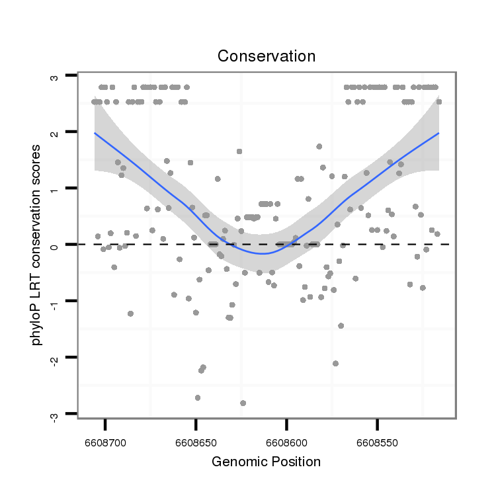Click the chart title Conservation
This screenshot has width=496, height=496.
tap(267, 56)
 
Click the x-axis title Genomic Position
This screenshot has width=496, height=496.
tap(266, 462)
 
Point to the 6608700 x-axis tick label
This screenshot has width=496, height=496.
tap(104, 440)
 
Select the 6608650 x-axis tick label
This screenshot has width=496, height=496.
tap(196, 440)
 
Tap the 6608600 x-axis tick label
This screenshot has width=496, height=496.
tap(286, 440)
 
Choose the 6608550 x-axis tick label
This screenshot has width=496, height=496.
tap(377, 440)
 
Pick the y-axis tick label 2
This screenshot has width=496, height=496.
tap(55, 132)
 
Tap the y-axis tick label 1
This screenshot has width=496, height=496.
tap(55, 188)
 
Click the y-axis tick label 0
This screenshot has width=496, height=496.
tap(55, 245)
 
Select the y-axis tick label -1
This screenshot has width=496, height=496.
tap(55, 301)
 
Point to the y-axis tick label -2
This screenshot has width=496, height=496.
tap(55, 358)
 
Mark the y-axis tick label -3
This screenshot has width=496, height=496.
tap(55, 414)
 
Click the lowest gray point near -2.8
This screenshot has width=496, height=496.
tap(243, 403)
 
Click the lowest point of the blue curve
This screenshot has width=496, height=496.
tap(263, 253)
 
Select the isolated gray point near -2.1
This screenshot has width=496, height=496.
tap(336, 363)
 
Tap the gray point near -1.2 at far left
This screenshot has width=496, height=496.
tap(131, 313)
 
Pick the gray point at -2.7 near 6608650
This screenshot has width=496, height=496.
tap(198, 397)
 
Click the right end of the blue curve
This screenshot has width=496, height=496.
tap(438, 133)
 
